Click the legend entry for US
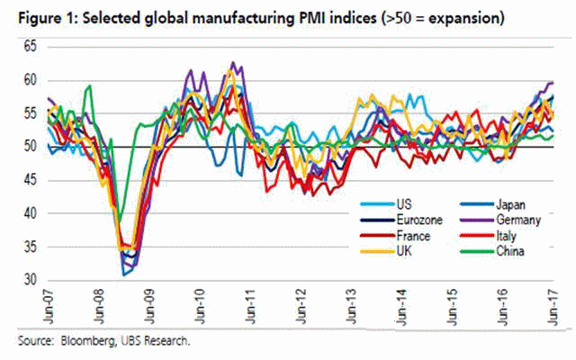coord(386,204)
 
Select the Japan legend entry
coord(492,204)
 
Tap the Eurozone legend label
coord(419,220)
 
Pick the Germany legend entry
coord(500,220)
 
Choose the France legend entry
coord(395,236)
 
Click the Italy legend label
coord(506,236)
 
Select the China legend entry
coord(492,251)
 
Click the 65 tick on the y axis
coord(31,47)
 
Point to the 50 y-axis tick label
coord(31,147)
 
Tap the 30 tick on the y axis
coord(31,280)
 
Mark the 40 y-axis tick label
coord(31,213)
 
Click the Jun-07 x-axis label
coord(49,307)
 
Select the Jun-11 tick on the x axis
coord(251,307)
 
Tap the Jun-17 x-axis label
coord(553,307)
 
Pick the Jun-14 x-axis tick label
coord(402,307)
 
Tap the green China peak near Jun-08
coord(89,86)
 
